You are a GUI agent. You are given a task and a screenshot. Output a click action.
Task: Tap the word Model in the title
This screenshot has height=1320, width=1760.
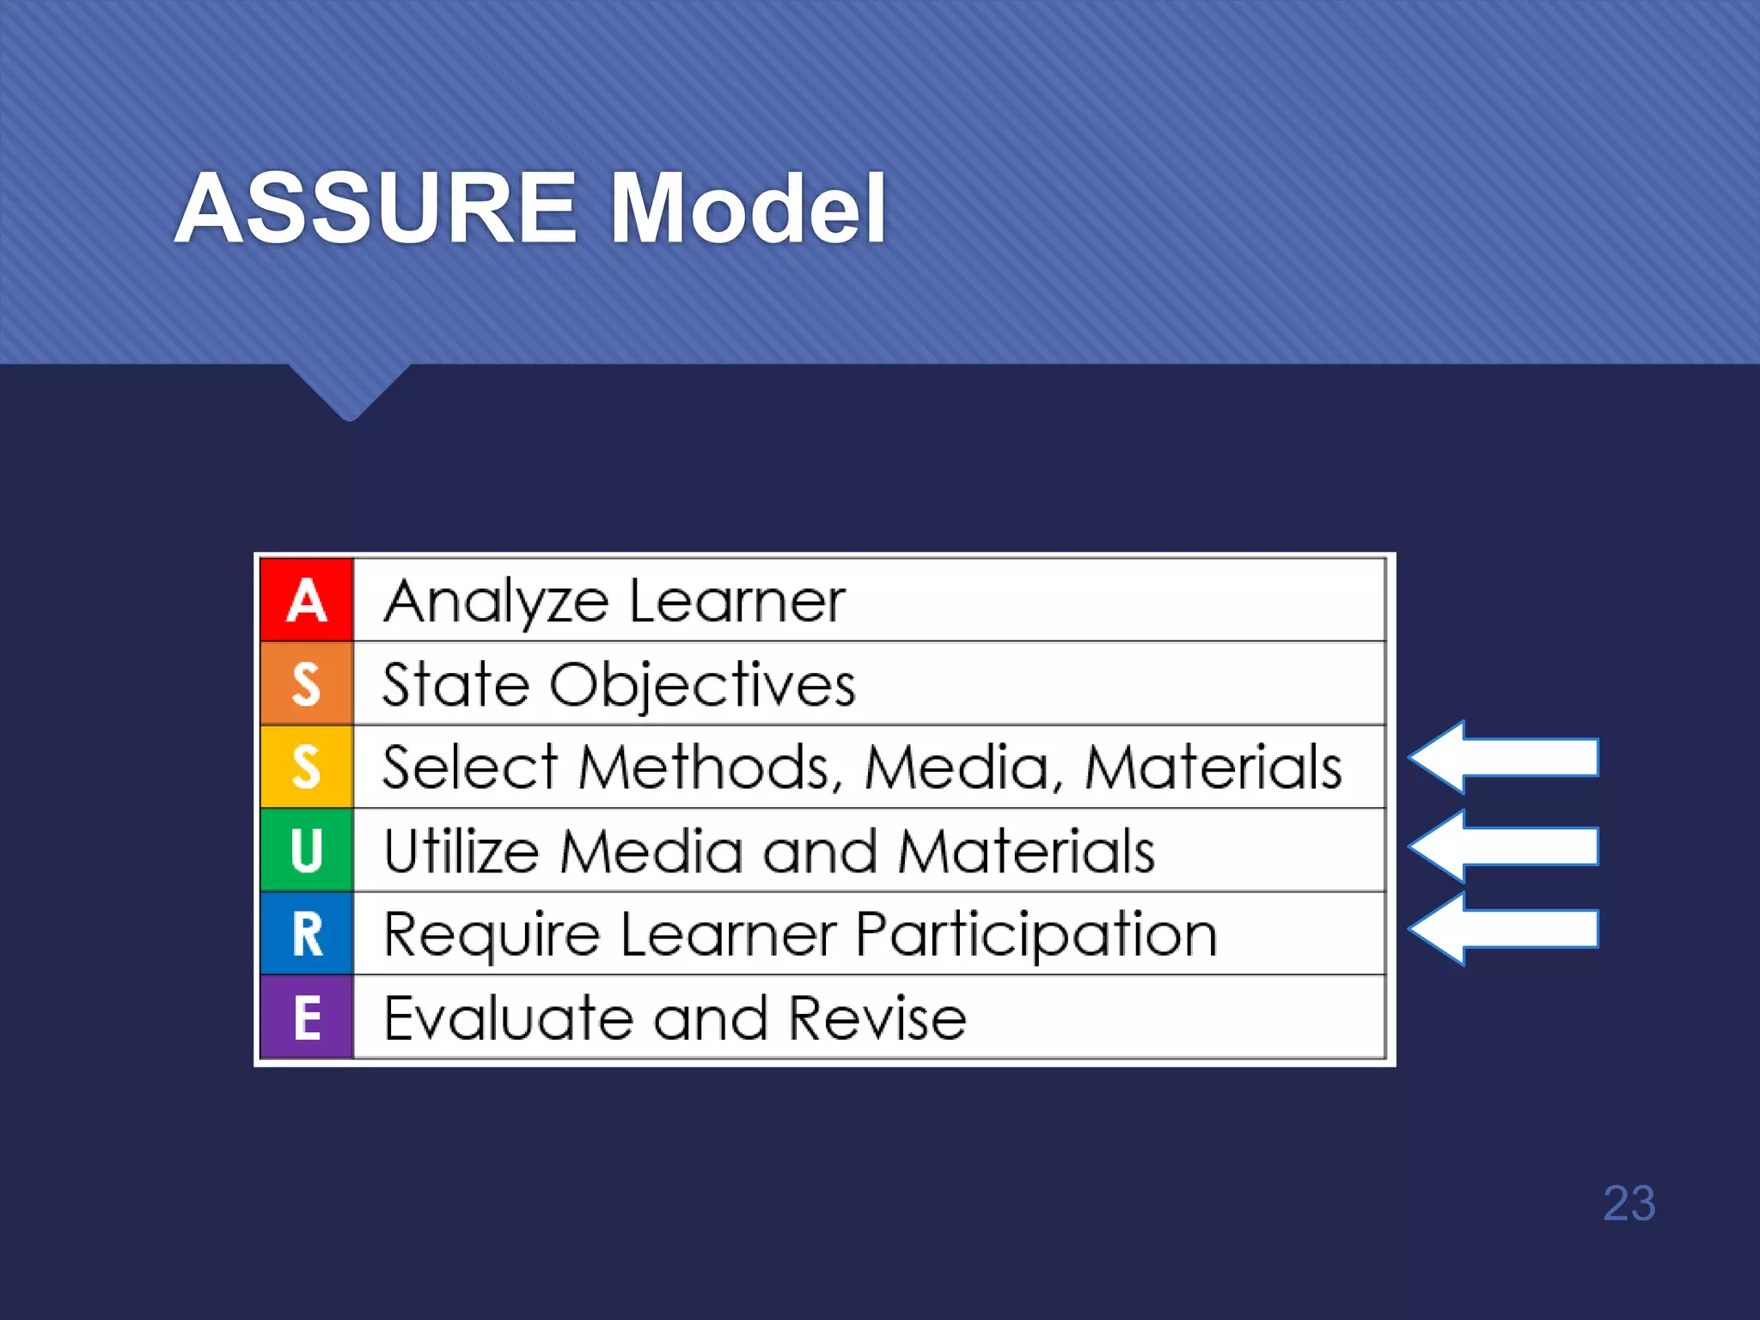pyautogui.click(x=748, y=209)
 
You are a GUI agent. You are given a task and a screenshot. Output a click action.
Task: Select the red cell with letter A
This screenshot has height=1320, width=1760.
pyautogui.click(x=307, y=600)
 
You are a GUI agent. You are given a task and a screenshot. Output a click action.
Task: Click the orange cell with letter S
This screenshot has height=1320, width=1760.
pyautogui.click(x=307, y=684)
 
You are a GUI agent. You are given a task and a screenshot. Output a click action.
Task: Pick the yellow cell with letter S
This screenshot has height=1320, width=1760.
pyautogui.click(x=307, y=767)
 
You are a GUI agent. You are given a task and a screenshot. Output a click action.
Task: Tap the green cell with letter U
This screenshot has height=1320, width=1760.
pyautogui.click(x=307, y=850)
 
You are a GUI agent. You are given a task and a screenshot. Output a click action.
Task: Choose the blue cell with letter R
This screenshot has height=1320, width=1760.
pyautogui.click(x=307, y=933)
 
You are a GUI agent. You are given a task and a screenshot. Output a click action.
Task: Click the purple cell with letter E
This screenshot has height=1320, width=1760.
pyautogui.click(x=307, y=1017)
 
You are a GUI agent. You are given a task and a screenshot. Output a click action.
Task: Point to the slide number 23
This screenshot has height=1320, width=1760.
pyautogui.click(x=1629, y=1203)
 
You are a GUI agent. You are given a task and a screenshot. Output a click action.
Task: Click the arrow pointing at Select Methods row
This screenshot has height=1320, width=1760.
pyautogui.click(x=1504, y=757)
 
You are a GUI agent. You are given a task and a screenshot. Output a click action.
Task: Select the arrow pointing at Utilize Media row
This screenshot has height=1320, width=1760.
pyautogui.click(x=1504, y=846)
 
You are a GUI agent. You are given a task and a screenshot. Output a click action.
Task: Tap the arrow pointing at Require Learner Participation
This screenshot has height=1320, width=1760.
pyautogui.click(x=1504, y=929)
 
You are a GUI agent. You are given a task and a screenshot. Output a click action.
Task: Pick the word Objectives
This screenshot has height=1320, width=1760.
pyautogui.click(x=702, y=686)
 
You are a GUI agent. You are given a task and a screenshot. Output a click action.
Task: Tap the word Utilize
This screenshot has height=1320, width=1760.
pyautogui.click(x=461, y=851)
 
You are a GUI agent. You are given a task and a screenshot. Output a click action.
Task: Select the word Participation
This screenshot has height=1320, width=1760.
pyautogui.click(x=1036, y=935)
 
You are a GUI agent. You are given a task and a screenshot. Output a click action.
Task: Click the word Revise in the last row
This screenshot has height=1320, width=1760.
pyautogui.click(x=877, y=1018)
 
